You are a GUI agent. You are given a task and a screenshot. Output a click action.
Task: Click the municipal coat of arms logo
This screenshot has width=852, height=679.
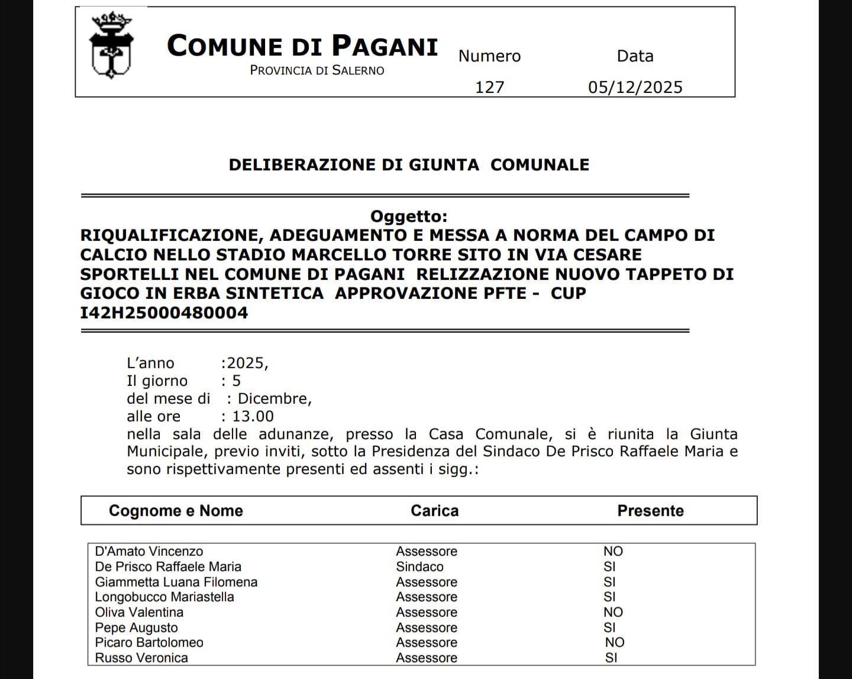click(x=111, y=47)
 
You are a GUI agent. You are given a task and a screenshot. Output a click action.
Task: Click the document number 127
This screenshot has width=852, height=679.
click(x=490, y=87)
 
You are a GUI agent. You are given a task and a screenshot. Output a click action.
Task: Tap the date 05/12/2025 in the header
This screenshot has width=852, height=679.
click(x=635, y=87)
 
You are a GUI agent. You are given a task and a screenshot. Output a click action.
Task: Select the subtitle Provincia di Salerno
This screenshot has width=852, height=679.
click(x=317, y=70)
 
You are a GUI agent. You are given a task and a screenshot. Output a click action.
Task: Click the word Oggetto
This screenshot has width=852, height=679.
click(x=408, y=216)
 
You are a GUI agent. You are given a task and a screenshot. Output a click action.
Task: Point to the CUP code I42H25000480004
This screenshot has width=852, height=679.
click(x=164, y=313)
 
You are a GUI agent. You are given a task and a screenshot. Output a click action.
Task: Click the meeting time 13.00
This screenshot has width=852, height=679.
click(x=253, y=416)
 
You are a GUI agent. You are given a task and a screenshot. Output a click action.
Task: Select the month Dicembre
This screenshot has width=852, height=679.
click(x=274, y=398)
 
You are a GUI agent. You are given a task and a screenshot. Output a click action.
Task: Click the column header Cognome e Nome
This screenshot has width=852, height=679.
click(x=176, y=511)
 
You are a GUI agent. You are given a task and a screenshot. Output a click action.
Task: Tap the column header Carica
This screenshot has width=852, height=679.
click(x=434, y=511)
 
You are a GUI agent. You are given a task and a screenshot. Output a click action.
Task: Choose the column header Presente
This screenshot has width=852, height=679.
click(x=650, y=511)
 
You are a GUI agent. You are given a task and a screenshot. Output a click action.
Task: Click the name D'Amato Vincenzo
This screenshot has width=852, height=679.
click(x=149, y=551)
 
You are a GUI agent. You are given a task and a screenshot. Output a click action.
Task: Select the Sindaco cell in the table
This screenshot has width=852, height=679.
click(x=419, y=567)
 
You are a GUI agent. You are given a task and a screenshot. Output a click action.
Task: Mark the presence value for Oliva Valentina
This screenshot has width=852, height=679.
click(x=613, y=612)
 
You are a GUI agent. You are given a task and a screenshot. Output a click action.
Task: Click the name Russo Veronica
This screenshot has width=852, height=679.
click(x=141, y=658)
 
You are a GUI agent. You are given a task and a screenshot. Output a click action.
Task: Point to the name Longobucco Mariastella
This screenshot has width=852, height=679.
click(x=164, y=597)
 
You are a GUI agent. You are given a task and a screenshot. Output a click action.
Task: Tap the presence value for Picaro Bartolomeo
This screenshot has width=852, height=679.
click(x=614, y=642)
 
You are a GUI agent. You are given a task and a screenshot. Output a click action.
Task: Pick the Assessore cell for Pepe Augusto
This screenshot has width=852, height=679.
click(x=426, y=627)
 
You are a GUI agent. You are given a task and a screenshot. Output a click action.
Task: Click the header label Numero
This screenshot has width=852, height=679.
click(x=489, y=56)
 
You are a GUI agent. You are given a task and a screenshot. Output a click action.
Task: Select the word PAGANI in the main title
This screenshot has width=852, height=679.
click(x=384, y=46)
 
